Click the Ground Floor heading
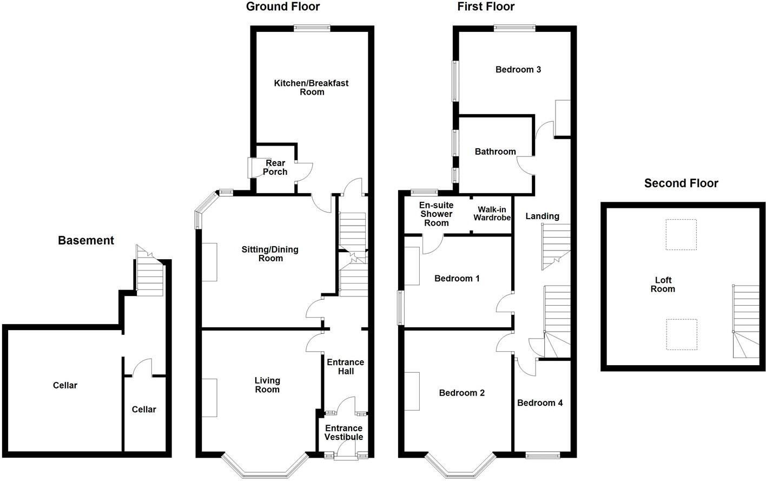282,6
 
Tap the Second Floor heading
681,183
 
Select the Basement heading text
86,241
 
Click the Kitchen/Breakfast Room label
311,87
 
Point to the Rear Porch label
275,167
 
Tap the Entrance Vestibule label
344,432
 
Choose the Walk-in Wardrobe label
492,214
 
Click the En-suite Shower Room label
436,214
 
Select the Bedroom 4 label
539,403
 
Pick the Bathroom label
495,151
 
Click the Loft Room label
663,285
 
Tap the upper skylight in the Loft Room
681,234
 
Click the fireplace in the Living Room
209,398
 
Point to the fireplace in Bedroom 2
412,391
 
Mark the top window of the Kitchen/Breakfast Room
312,29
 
